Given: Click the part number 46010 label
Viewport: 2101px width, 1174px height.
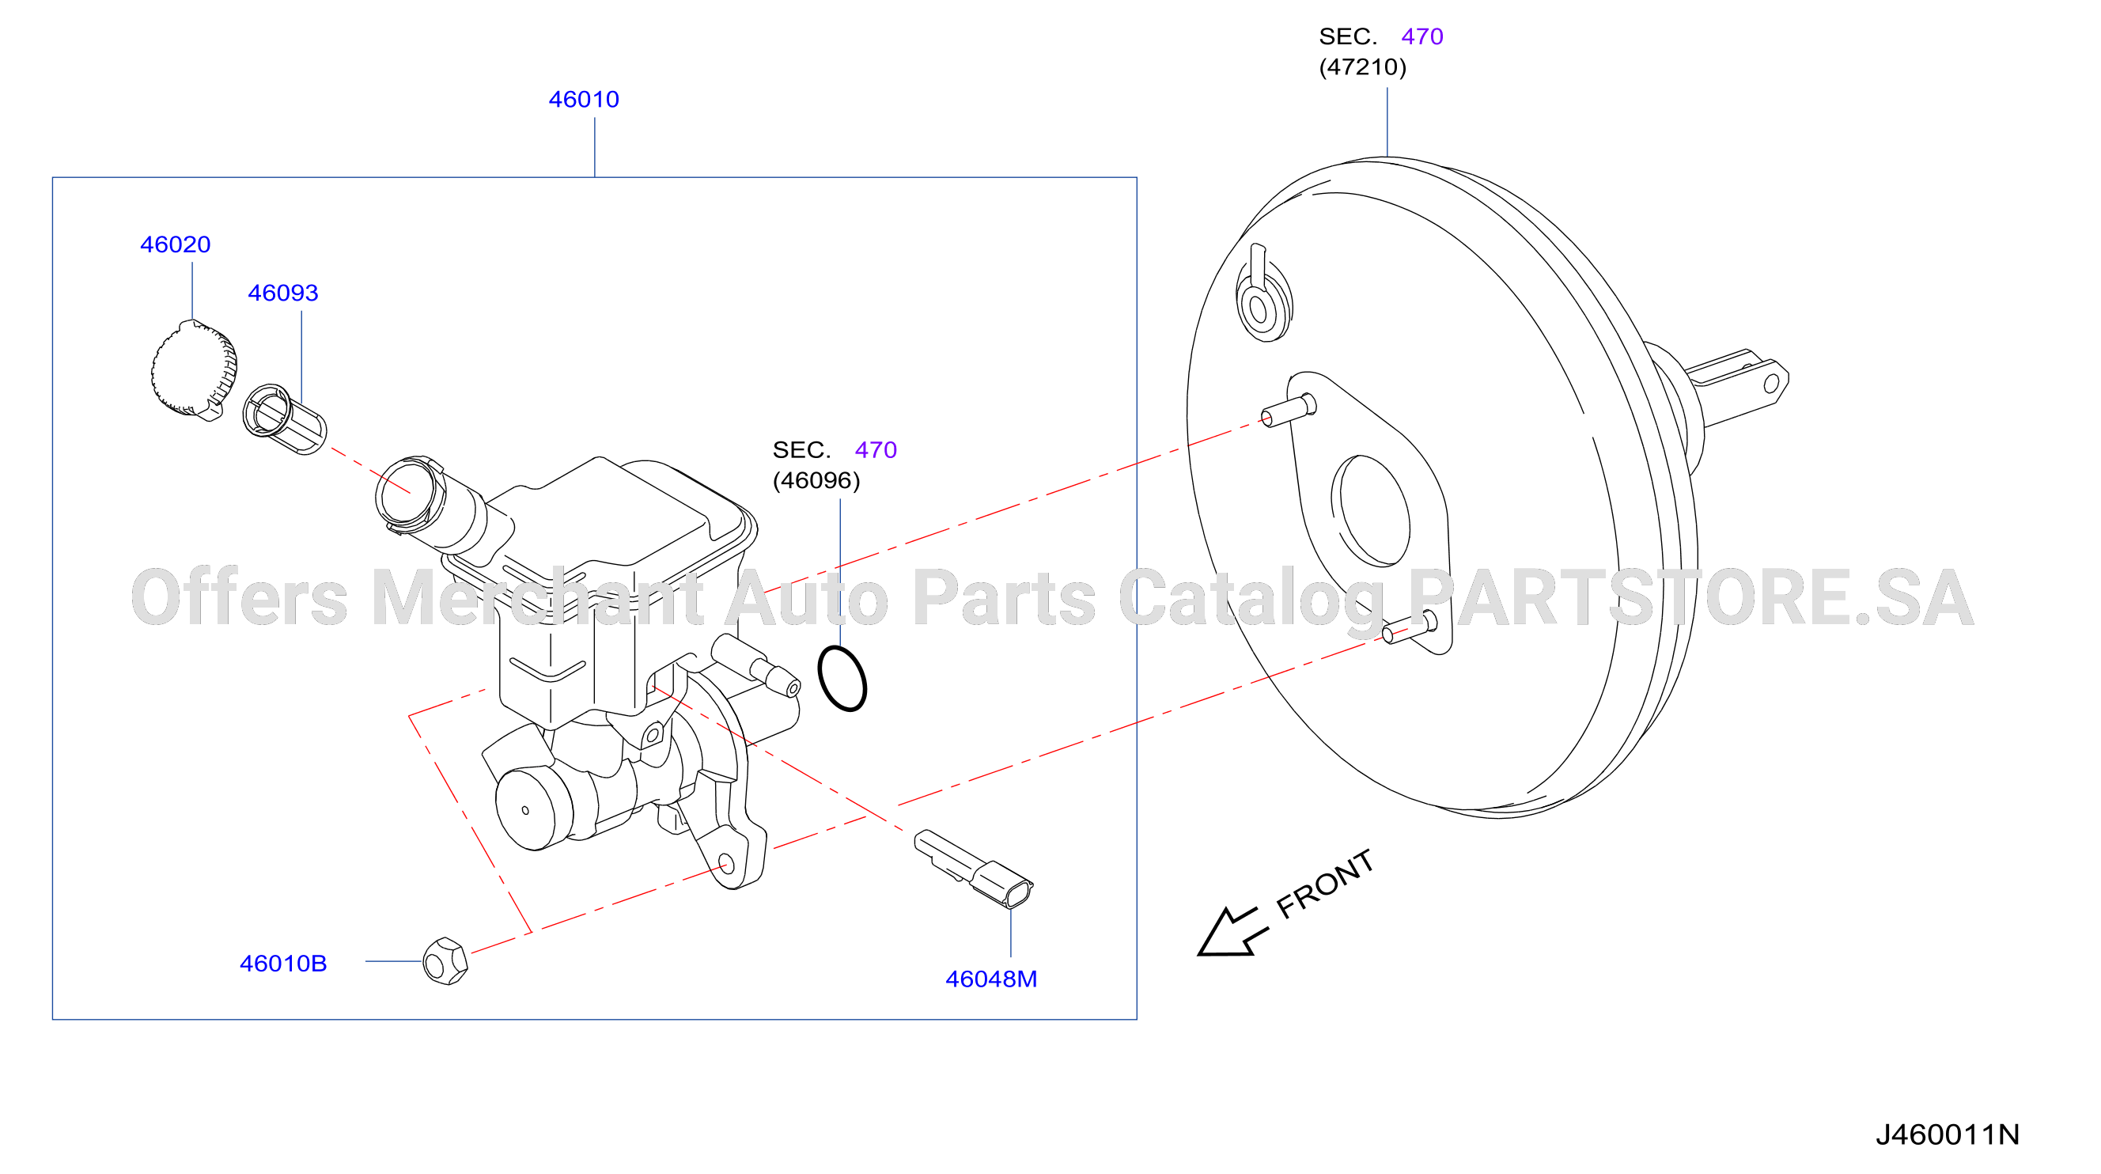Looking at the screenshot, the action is click(584, 100).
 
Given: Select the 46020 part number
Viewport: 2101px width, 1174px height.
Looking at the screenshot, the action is click(176, 244).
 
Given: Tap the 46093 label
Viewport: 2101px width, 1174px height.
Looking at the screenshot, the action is click(283, 293).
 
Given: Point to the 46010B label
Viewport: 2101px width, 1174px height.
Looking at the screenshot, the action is click(283, 964).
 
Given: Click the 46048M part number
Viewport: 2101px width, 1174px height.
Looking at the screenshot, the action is click(991, 979).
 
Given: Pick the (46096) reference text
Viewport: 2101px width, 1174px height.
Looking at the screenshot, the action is click(816, 480).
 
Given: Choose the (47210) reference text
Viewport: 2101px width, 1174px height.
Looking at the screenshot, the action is click(1363, 67).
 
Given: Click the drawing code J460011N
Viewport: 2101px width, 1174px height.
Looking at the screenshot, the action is click(1947, 1134).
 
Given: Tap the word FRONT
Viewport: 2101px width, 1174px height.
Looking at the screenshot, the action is click(1324, 884).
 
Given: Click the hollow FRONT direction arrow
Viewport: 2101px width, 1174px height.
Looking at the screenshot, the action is click(1229, 933).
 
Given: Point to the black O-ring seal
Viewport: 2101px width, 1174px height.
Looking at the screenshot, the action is click(842, 679).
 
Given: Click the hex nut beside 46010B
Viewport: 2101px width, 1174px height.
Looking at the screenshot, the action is click(445, 961).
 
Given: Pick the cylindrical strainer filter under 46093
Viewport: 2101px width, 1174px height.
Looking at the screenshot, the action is click(285, 419).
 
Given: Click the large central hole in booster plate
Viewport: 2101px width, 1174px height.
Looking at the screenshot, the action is click(1370, 511).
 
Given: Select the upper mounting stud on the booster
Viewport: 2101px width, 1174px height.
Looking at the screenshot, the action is click(1289, 411).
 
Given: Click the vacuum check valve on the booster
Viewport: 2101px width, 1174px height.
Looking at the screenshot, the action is click(1262, 293).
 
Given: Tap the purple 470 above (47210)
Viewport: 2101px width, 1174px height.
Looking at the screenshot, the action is click(1421, 36).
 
